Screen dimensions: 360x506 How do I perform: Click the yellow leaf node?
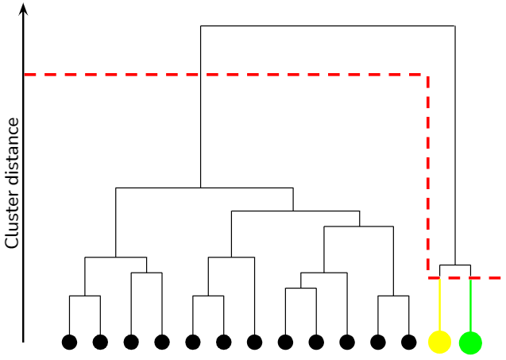(x=439, y=342)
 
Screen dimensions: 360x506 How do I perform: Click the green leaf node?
(x=470, y=342)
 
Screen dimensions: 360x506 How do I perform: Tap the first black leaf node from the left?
(x=69, y=342)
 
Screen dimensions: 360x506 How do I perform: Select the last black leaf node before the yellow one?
(x=408, y=342)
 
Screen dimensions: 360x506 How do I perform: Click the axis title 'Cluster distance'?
(x=12, y=183)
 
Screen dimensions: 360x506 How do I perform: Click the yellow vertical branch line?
(x=439, y=306)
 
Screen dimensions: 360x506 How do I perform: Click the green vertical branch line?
(x=470, y=306)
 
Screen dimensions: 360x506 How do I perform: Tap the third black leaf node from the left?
(x=131, y=342)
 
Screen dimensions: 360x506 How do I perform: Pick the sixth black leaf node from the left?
(x=223, y=342)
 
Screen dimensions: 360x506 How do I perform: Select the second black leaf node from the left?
(x=100, y=342)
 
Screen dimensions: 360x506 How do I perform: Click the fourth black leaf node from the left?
(x=162, y=342)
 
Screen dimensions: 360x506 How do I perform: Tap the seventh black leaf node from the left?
(x=254, y=342)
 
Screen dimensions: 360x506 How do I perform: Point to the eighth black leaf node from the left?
(x=285, y=342)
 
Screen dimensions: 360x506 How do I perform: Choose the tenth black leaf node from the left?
(x=346, y=342)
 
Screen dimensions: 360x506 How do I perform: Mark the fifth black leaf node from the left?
(x=192, y=342)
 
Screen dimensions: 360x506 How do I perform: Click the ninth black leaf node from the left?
(x=316, y=342)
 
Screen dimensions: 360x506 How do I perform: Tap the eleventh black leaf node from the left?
(x=377, y=342)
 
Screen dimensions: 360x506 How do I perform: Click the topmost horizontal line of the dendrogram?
(x=327, y=26)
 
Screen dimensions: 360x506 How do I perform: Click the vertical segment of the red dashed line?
(x=428, y=175)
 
